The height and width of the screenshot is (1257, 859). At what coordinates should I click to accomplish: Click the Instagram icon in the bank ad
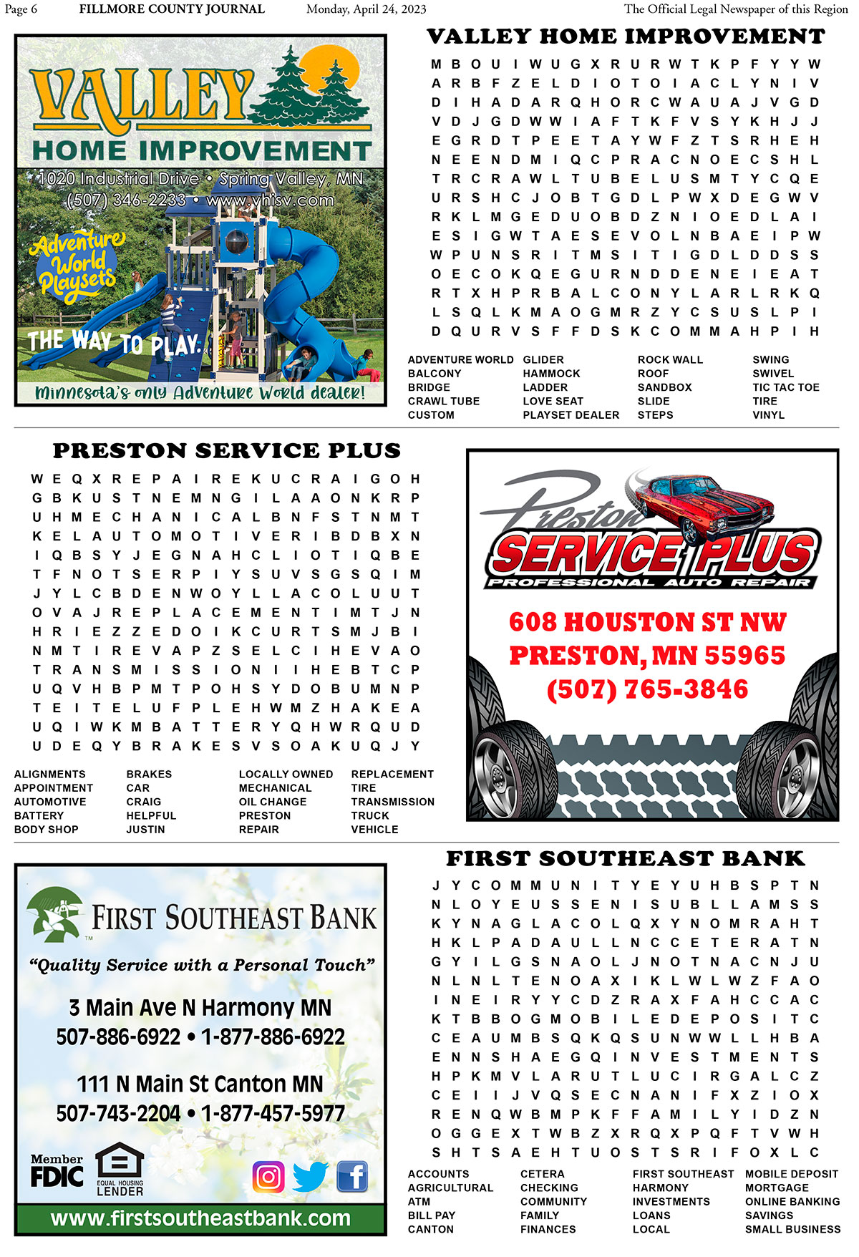pos(268,1176)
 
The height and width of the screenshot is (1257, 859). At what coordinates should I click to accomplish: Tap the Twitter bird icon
pos(310,1176)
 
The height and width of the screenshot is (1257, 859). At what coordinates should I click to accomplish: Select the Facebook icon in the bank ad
pos(352,1176)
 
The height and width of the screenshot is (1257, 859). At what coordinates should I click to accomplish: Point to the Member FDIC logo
pos(57,1170)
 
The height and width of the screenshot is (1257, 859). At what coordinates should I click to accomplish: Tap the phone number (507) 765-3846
pos(647,689)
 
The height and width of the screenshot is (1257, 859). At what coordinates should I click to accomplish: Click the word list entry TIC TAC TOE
pos(785,387)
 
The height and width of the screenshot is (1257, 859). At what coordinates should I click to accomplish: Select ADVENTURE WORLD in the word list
pos(460,360)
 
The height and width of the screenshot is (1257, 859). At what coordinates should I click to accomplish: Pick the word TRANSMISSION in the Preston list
pos(392,802)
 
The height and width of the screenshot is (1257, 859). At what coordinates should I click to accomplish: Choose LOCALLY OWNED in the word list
pos(286,775)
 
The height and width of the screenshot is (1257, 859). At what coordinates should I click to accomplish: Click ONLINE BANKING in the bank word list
pos(792,1202)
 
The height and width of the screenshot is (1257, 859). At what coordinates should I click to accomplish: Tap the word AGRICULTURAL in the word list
pos(450,1188)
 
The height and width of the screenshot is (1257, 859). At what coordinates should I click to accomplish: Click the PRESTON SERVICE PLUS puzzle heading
pos(226,451)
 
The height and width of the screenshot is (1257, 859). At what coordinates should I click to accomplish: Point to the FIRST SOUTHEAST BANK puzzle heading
pos(625,858)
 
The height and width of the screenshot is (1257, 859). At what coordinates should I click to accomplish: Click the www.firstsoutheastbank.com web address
pos(200,1218)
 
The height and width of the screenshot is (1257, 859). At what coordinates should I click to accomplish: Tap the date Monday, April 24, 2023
pos(366,9)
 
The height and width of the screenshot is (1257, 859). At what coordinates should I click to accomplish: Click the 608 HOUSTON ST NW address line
pos(647,622)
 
